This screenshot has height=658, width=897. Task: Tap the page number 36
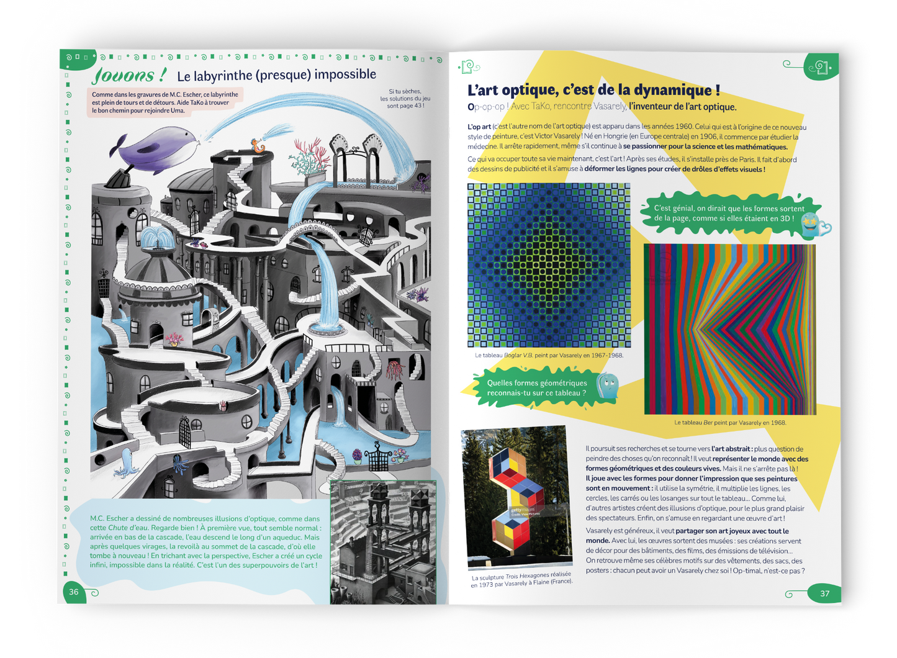coord(74,592)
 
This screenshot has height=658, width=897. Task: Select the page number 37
coord(824,593)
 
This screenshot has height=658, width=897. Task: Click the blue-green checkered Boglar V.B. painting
coord(549,265)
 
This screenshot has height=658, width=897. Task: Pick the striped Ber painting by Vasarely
coord(729,329)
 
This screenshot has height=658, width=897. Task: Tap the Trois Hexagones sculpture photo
coord(517,497)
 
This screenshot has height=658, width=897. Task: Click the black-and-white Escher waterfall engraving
coord(383,541)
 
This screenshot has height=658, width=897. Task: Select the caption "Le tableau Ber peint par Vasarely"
coord(730,423)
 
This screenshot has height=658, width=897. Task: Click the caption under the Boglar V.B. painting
coord(549,356)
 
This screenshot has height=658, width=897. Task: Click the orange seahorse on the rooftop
coord(258,146)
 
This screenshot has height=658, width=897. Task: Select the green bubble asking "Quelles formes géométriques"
coord(537,388)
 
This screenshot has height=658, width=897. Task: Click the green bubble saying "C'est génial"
coord(729,214)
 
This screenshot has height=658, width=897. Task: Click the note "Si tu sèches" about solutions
coord(405,99)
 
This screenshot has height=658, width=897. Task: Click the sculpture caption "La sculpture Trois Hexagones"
coord(521,579)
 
